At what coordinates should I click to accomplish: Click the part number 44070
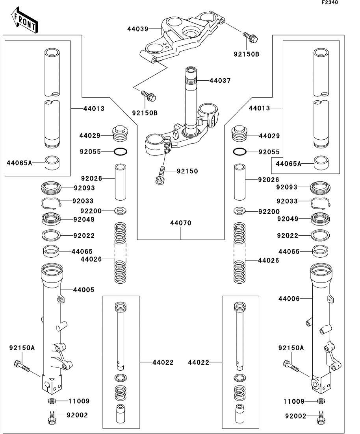click(x=181, y=223)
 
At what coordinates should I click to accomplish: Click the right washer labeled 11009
click(x=321, y=401)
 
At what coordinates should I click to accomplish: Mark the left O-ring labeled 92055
click(x=121, y=151)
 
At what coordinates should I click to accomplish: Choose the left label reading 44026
click(x=91, y=259)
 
